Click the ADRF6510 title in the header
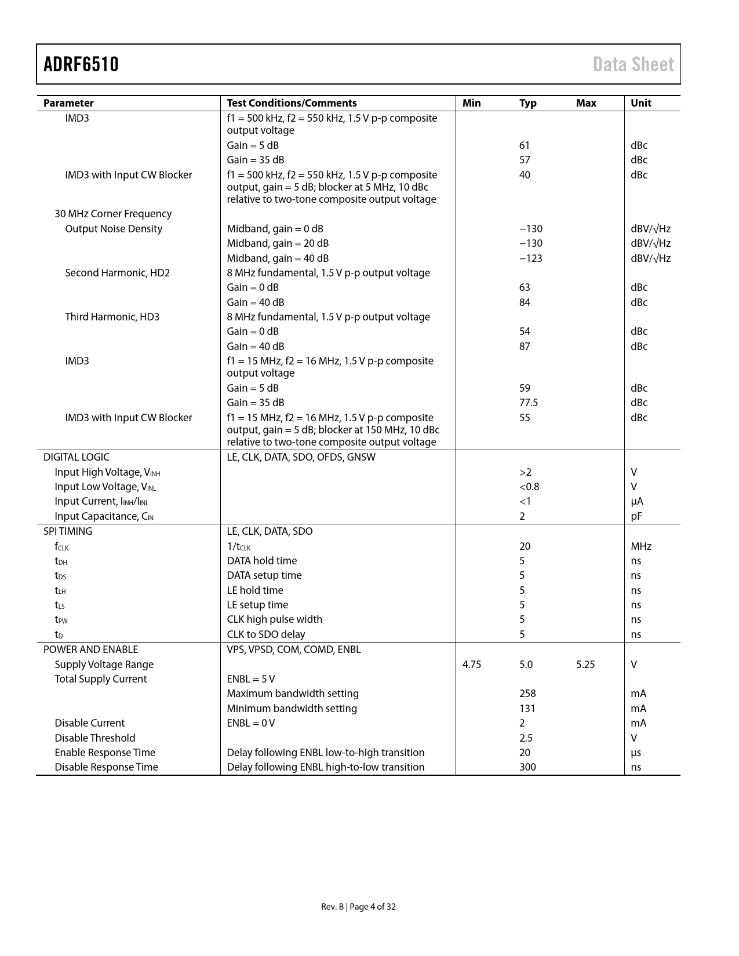tap(81, 64)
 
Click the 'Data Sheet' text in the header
tap(633, 64)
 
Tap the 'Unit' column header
tap(640, 103)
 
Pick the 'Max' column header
tap(586, 103)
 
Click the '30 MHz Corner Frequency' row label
tap(113, 214)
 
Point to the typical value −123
tap(530, 258)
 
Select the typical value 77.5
tap(529, 403)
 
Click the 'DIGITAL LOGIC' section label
tap(76, 457)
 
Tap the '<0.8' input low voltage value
tap(529, 487)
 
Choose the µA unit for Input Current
tap(637, 501)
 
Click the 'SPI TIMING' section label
tap(67, 531)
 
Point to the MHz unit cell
tap(641, 546)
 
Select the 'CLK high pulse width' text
tap(274, 619)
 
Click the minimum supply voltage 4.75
tap(472, 665)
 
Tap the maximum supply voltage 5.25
tap(585, 665)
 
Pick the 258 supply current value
tap(527, 694)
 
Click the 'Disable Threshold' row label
tap(94, 738)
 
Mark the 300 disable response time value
tap(527, 767)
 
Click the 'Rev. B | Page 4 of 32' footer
tap(358, 907)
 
